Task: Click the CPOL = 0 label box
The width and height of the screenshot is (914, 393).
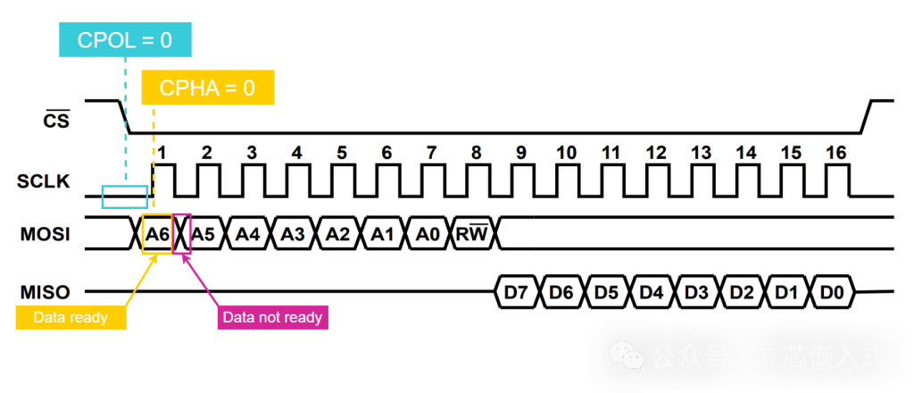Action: (124, 40)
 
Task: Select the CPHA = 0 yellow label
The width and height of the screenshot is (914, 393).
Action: (207, 88)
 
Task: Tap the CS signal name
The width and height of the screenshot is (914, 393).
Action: (57, 120)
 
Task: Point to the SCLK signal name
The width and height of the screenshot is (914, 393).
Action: (44, 181)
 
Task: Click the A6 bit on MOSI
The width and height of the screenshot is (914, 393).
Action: (157, 235)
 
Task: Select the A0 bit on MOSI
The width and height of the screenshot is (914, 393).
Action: (428, 235)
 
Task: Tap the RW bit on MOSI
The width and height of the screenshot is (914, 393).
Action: (472, 235)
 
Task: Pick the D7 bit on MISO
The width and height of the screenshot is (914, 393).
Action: (517, 292)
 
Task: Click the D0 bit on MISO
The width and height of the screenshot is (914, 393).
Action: (831, 292)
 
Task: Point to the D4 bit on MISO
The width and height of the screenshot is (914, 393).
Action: (652, 292)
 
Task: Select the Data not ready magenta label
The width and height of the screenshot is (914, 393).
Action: (272, 316)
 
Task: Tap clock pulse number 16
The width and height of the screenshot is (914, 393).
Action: (835, 153)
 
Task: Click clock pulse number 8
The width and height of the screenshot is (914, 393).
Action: (476, 153)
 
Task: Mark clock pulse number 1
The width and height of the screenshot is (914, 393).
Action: (162, 153)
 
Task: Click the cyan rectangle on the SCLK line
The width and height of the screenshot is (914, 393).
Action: (125, 196)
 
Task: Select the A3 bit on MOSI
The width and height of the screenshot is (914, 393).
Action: (293, 235)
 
